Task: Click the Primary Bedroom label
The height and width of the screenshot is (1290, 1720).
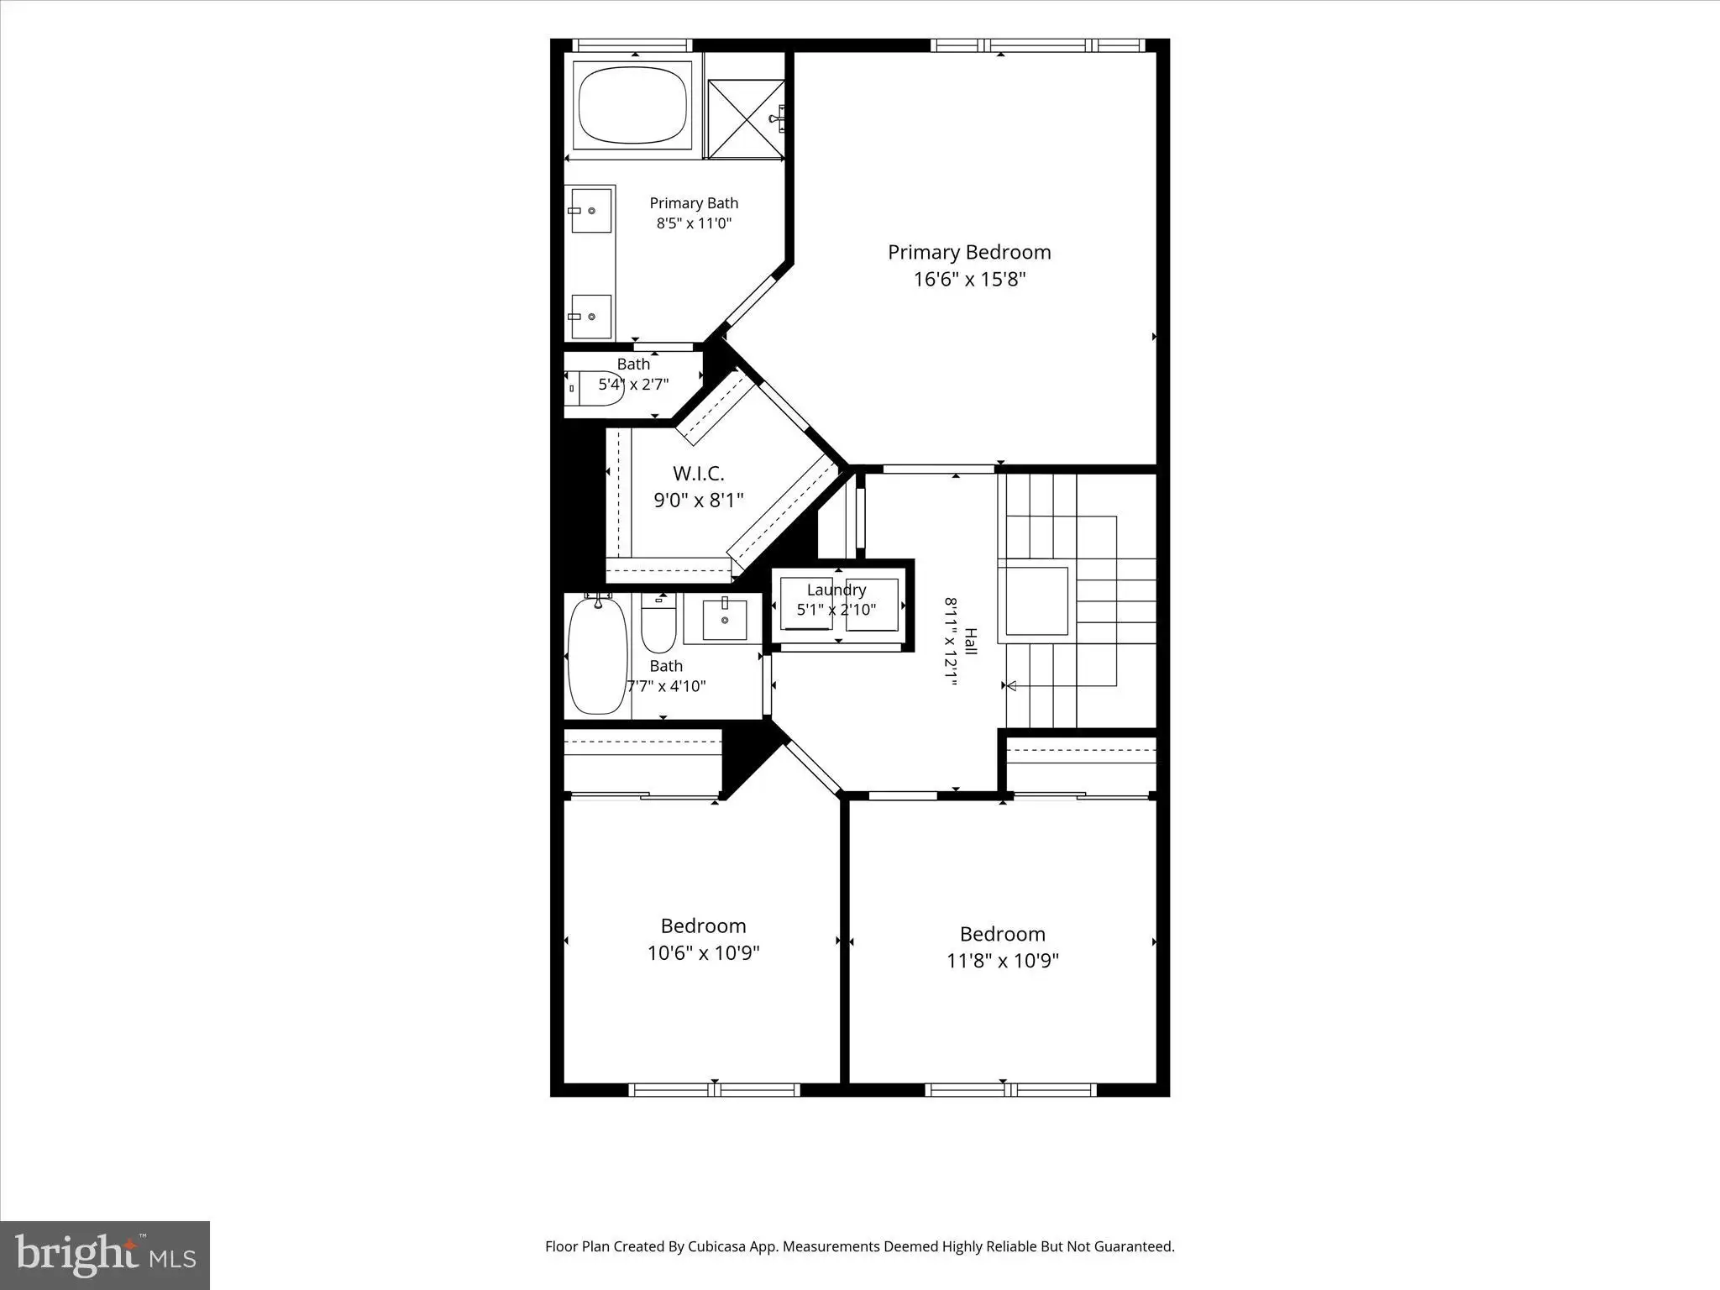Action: [x=969, y=253]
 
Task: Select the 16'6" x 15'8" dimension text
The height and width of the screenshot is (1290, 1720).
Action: [x=969, y=280]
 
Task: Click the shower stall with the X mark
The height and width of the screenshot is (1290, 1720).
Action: [x=746, y=118]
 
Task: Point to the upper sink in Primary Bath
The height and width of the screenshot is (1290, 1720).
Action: [x=591, y=210]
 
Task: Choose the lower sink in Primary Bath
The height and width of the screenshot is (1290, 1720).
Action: [x=591, y=316]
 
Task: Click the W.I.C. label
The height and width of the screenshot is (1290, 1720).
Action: [x=698, y=475]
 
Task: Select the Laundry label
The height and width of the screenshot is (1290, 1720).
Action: [x=836, y=590]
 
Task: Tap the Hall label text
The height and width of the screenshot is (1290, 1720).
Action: [x=971, y=642]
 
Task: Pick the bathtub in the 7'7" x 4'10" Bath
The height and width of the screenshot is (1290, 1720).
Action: [x=597, y=654]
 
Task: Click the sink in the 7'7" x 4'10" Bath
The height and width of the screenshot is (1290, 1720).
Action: [x=724, y=620]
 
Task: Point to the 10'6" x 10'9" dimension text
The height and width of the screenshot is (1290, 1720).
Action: [x=703, y=953]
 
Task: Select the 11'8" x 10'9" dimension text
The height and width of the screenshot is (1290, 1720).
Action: [x=1002, y=961]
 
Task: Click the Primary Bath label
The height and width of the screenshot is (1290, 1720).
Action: [x=694, y=203]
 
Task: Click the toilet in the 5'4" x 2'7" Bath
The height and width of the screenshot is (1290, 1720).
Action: [x=595, y=388]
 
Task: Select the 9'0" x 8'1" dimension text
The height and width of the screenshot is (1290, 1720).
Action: [x=699, y=501]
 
